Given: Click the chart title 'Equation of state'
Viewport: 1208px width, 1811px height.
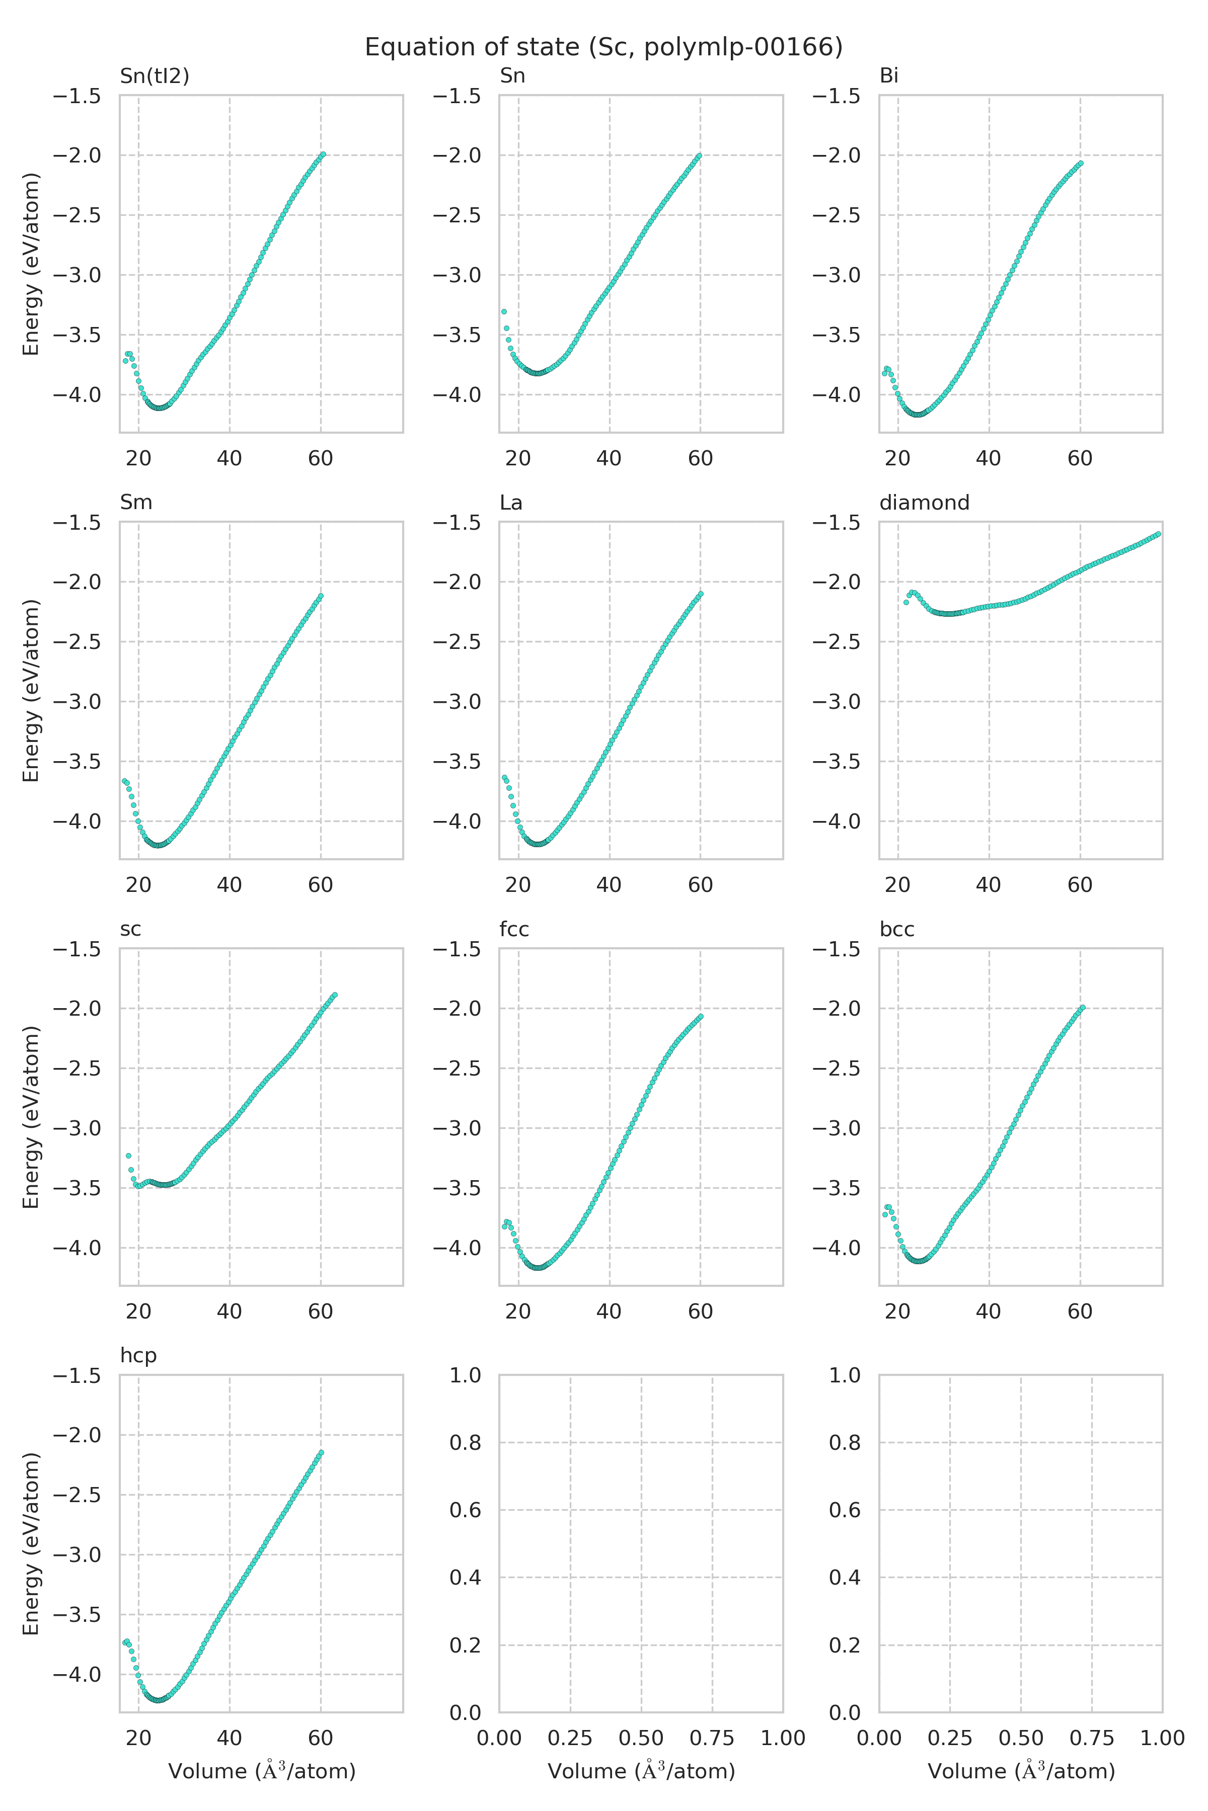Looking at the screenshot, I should (x=603, y=48).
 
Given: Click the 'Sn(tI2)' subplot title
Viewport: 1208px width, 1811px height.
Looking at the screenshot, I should (x=154, y=75).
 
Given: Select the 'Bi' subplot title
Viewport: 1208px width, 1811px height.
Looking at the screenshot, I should (x=888, y=75).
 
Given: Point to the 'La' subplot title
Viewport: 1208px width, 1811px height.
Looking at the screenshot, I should (x=511, y=502).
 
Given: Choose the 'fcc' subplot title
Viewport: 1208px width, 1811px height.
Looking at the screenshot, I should (x=514, y=929).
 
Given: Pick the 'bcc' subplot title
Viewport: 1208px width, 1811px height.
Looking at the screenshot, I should (x=897, y=929).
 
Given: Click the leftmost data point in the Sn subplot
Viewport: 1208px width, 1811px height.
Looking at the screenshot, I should (x=504, y=312).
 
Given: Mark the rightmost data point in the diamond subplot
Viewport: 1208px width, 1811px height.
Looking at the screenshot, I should (x=1158, y=534).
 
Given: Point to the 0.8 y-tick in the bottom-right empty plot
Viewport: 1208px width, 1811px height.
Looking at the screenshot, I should (x=845, y=1442).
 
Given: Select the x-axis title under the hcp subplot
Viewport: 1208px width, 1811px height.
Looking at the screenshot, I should (x=261, y=1771).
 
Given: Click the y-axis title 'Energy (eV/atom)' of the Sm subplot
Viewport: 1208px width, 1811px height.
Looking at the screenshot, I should (x=31, y=691).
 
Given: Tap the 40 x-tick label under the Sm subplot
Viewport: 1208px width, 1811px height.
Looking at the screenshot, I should (x=229, y=885).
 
